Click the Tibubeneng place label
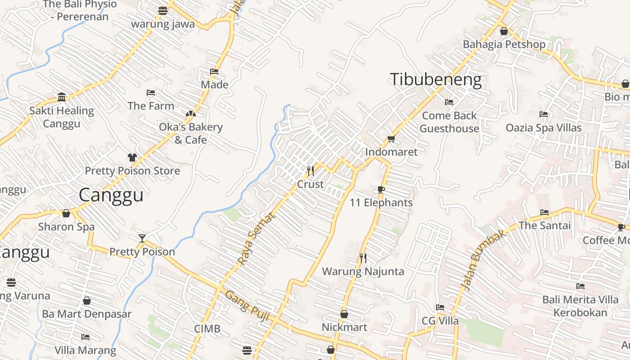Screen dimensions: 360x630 click(436, 80)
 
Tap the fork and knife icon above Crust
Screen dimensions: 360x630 click(310, 171)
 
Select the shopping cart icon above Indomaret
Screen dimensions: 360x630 click(391, 139)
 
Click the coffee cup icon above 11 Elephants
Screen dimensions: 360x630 click(381, 189)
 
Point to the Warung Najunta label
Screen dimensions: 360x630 click(363, 271)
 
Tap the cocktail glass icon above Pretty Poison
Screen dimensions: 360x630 click(142, 238)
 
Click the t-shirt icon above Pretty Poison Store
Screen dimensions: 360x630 click(132, 157)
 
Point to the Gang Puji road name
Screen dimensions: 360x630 click(247, 306)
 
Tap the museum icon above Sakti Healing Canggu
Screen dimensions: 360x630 click(62, 97)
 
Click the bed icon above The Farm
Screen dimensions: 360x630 click(151, 93)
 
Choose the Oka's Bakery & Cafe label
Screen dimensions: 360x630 click(191, 133)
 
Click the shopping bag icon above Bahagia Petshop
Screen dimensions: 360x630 click(504, 31)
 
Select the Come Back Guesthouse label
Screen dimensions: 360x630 click(449, 122)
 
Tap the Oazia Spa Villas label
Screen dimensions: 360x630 click(544, 128)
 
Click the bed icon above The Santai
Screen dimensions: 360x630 click(544, 212)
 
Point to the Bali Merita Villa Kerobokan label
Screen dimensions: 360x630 click(580, 306)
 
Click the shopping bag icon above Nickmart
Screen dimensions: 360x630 click(344, 314)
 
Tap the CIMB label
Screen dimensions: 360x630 click(207, 329)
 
